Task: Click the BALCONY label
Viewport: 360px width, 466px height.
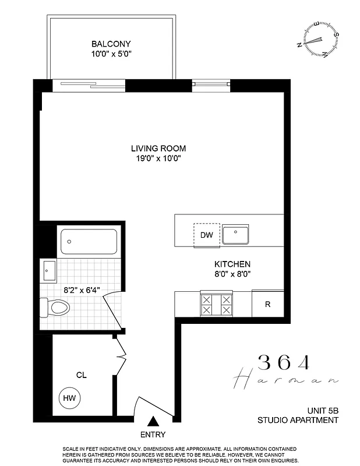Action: click(x=111, y=44)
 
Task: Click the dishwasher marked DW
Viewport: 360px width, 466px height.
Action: click(x=207, y=235)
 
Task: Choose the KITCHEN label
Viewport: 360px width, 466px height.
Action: click(x=232, y=264)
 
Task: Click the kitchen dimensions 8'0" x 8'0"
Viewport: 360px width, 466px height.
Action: click(x=232, y=274)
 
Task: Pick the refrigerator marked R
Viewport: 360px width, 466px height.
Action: click(x=267, y=304)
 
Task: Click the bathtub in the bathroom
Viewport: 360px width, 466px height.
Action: click(x=89, y=241)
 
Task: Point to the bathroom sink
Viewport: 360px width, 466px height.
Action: click(x=48, y=270)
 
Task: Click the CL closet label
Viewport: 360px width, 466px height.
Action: click(x=81, y=376)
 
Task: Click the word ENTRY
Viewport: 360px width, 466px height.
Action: click(x=153, y=435)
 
